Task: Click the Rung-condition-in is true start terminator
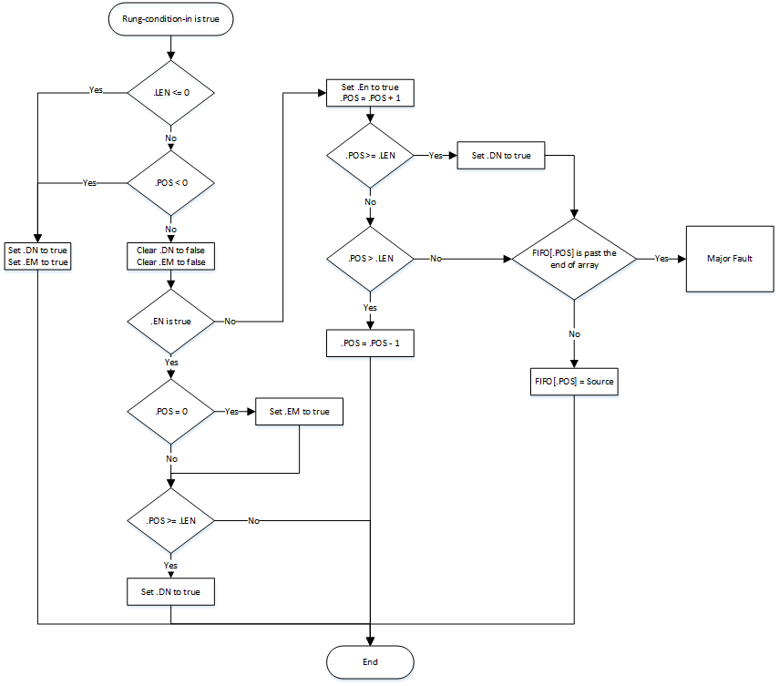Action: [170, 18]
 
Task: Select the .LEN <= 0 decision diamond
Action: [170, 92]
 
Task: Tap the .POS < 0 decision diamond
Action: [170, 183]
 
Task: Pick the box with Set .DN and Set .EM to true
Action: [37, 256]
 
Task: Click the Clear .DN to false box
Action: [170, 256]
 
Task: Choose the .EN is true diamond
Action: [170, 322]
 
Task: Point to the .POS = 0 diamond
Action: [170, 412]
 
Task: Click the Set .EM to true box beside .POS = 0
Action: [300, 412]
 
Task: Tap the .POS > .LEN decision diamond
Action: [370, 259]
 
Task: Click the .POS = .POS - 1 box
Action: [370, 342]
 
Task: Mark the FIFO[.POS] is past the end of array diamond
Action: [574, 259]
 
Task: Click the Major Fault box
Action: [730, 259]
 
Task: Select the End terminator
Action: [370, 661]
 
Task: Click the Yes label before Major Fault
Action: [662, 259]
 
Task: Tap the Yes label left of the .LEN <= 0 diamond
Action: [95, 91]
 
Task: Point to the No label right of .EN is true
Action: [230, 322]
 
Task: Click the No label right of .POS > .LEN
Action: [436, 259]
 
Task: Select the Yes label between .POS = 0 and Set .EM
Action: [231, 412]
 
